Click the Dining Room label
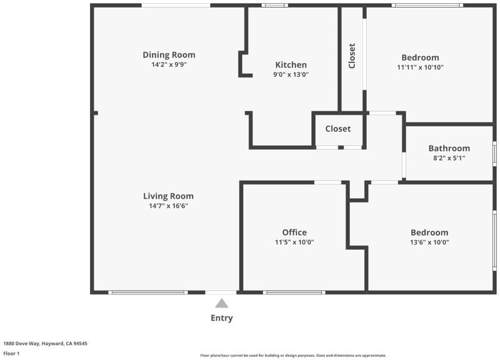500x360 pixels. pos(169,55)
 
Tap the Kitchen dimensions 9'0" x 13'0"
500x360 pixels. pos(291,74)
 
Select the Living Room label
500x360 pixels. pos(168,196)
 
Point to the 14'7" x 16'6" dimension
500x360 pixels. pos(168,206)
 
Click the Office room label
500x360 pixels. pos(294,232)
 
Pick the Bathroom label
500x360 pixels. pos(449,148)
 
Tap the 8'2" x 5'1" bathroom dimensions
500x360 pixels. pos(449,158)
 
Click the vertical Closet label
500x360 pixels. pos(352,56)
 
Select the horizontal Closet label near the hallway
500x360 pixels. pos(338,129)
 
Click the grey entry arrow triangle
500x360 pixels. pos(222,303)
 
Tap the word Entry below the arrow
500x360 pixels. pos(222,318)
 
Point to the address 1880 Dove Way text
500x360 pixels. pos(45,343)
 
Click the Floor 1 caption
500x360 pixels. pos(11,353)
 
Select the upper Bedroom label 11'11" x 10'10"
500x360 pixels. pos(420,62)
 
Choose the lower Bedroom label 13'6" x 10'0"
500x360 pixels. pos(429,237)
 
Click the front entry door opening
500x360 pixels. pos(221,292)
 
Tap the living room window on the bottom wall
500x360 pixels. pos(148,292)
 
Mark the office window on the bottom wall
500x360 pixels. pos(294,292)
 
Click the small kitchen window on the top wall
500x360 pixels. pos(274,5)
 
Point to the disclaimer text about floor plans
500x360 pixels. pos(293,355)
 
